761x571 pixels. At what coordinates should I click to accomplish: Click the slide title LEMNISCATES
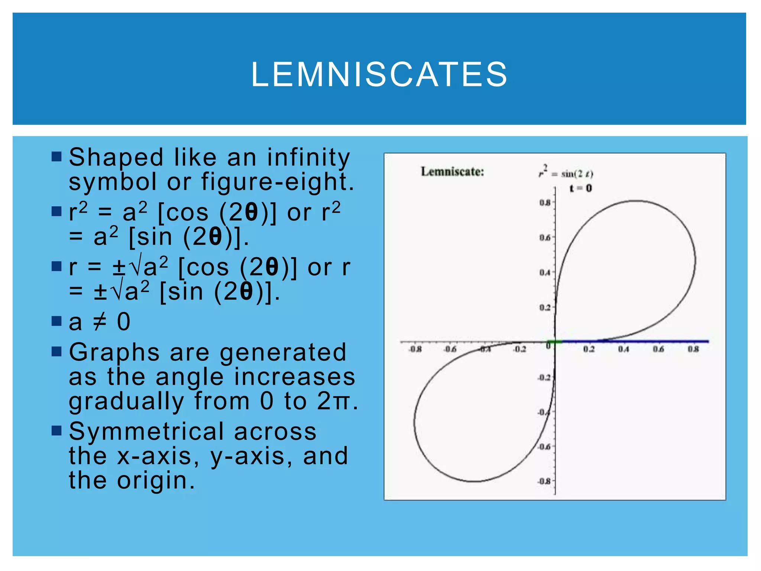point(379,74)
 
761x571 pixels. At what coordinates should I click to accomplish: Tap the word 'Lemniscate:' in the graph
point(452,172)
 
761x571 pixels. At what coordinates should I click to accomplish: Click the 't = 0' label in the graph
point(580,188)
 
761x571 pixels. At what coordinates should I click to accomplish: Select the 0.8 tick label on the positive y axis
point(545,203)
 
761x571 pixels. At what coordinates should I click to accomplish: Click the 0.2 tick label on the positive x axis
point(589,349)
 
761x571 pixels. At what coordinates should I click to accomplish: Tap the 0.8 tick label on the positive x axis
point(693,349)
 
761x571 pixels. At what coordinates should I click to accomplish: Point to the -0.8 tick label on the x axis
point(415,349)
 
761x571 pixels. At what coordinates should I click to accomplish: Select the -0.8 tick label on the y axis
point(544,481)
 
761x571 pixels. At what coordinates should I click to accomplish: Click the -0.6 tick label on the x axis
point(450,349)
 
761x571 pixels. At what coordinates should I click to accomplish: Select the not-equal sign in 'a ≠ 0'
point(100,322)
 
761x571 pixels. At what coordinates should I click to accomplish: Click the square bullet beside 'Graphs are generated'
point(56,351)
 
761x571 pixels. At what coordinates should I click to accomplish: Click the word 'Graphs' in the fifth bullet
point(114,352)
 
